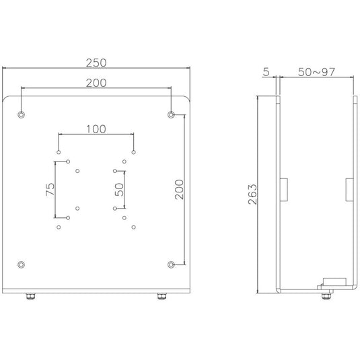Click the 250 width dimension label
[96, 63]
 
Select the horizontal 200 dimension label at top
[96, 83]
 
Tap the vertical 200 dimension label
[179, 190]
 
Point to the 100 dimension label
[96, 129]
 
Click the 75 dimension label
[50, 189]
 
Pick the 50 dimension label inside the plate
[119, 190]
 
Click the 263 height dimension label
[252, 194]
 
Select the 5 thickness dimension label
[266, 72]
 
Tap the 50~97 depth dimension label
[316, 72]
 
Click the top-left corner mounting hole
[21, 114]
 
